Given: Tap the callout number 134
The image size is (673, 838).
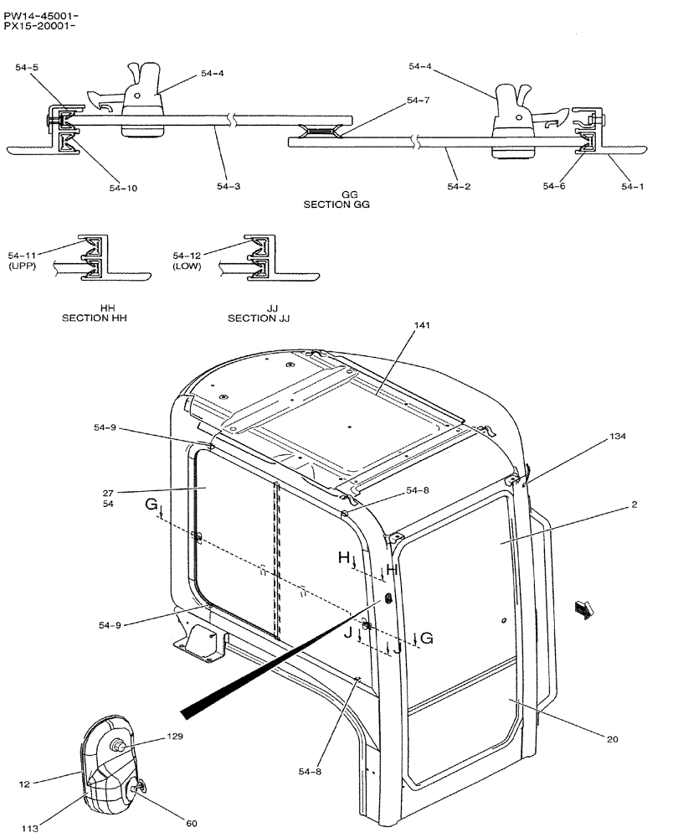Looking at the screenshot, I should pos(617,437).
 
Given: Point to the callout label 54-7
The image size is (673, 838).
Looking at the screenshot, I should pos(418,101).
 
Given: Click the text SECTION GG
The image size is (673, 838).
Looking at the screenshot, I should pos(336,204).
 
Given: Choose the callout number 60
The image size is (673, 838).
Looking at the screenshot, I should pos(192,823).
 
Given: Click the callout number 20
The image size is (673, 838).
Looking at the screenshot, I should pos(613,738).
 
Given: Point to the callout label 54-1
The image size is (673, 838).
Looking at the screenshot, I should pos(633,187).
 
